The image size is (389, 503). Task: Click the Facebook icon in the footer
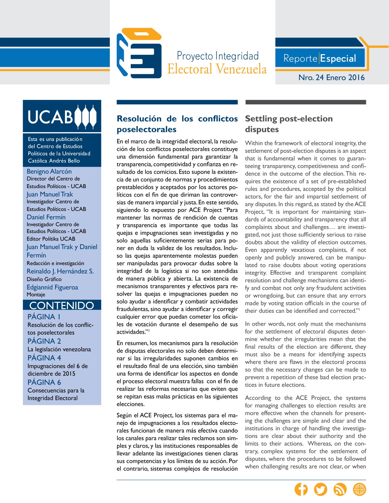pos(301,489)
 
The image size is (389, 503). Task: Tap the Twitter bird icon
pos(320,489)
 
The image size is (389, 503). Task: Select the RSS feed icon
pos(340,489)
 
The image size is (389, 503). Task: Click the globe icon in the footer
pos(359,489)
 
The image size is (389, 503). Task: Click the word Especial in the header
pos(338,58)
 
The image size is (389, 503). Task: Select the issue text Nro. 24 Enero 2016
pos(332,77)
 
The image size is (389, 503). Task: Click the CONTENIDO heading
pos(62,305)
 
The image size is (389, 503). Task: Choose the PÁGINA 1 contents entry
pos(44,317)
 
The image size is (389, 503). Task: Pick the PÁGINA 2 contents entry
pos(44,341)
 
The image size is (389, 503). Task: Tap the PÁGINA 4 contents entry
pos(44,358)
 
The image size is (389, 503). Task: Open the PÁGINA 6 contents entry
pos(44,382)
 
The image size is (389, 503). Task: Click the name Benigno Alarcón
pos(49,171)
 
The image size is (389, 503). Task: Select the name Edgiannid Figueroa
pos(52,287)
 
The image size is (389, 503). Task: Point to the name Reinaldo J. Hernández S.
pos(60,271)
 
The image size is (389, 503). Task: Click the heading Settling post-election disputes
pos(288,124)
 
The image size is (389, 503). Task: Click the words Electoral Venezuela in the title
pos(217,69)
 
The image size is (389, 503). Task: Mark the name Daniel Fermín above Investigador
pos(46,217)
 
